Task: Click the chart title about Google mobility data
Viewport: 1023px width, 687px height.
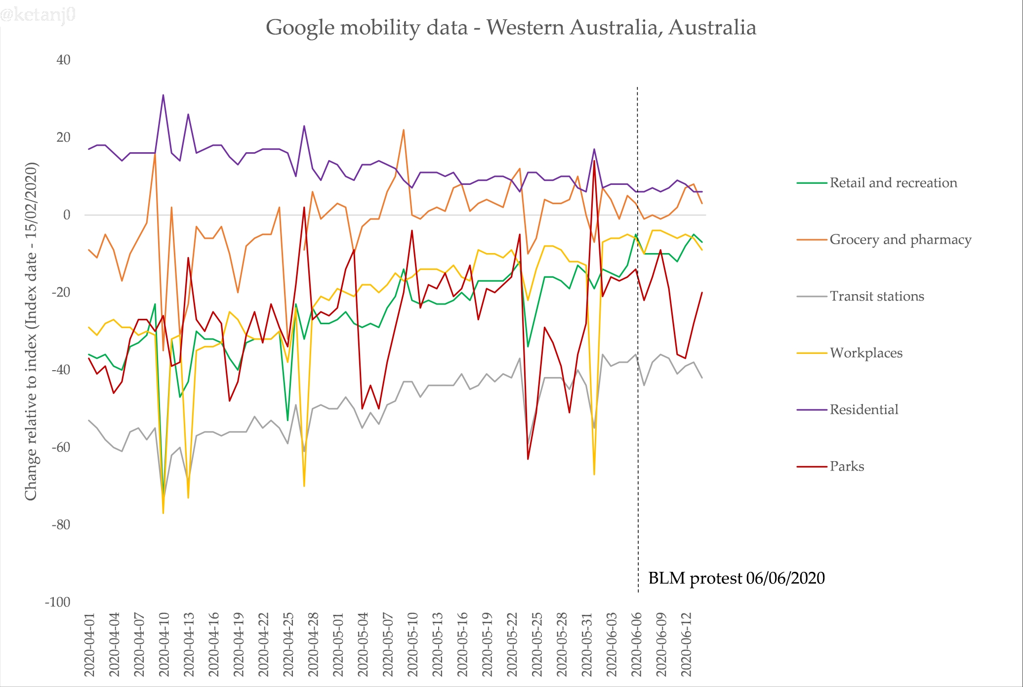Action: click(x=511, y=27)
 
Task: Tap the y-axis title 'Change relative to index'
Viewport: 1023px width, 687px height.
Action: click(x=31, y=331)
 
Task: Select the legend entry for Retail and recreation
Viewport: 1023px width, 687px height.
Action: click(x=893, y=183)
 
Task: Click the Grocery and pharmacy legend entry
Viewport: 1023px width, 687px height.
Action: click(x=900, y=240)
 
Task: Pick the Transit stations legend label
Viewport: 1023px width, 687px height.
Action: click(x=876, y=297)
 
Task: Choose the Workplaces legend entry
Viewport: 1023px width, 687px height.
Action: click(x=866, y=353)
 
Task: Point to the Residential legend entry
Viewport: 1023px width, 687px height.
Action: click(x=863, y=410)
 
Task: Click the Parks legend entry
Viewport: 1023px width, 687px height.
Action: click(x=847, y=467)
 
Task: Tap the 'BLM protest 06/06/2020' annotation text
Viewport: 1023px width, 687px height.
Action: click(x=736, y=578)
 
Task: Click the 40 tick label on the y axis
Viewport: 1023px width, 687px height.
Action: click(x=63, y=60)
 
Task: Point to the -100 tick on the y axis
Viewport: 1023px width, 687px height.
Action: click(x=58, y=602)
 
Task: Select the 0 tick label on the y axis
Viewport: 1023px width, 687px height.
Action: click(x=67, y=215)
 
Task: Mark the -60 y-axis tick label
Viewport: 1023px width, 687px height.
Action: click(x=61, y=447)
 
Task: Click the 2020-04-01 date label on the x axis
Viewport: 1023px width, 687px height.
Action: click(x=89, y=645)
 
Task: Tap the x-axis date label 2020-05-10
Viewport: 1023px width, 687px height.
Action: click(x=412, y=645)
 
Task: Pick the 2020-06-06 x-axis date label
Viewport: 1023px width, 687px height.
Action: click(x=636, y=645)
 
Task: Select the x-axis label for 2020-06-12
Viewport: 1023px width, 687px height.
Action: click(x=686, y=645)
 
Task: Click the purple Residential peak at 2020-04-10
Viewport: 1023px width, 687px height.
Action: click(x=163, y=95)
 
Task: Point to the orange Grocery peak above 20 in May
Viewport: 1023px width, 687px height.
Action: click(x=404, y=130)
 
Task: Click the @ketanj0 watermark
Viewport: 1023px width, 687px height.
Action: click(x=38, y=15)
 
